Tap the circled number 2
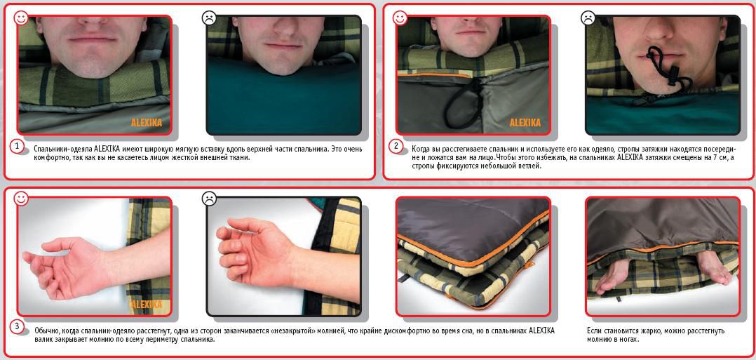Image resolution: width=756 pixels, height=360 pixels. (x=396, y=146)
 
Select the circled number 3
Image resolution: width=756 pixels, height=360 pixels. (x=17, y=327)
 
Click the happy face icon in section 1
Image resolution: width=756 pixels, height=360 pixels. (x=21, y=19)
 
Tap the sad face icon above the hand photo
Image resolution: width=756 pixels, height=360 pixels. (x=209, y=199)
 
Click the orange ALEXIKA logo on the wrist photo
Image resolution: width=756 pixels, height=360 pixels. (x=146, y=305)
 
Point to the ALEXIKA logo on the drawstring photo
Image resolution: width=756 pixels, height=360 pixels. (x=525, y=123)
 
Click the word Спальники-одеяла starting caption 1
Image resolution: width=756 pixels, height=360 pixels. (x=64, y=149)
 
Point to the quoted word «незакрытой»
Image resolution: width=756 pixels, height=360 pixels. (x=292, y=331)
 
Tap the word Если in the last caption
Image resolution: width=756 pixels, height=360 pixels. (x=595, y=331)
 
